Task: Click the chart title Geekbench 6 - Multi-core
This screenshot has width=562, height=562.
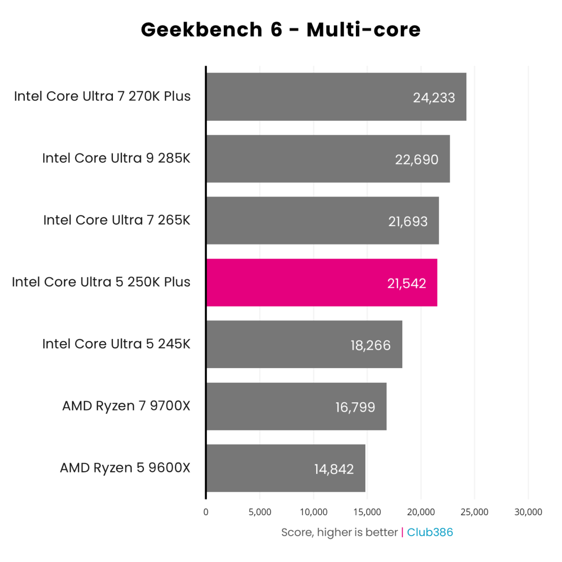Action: click(x=281, y=30)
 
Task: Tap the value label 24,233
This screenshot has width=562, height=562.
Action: click(x=434, y=97)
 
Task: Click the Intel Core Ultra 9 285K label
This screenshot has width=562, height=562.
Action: click(x=116, y=158)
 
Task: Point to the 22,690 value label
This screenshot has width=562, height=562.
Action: click(x=416, y=160)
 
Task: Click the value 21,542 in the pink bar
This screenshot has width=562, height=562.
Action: click(x=407, y=283)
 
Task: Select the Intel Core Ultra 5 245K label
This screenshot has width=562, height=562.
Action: click(x=116, y=344)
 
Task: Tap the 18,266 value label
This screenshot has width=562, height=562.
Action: click(x=370, y=345)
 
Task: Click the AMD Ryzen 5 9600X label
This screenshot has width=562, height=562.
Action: click(x=125, y=468)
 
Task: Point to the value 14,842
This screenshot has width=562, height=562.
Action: click(x=333, y=469)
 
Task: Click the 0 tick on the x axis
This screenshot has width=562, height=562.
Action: click(x=206, y=512)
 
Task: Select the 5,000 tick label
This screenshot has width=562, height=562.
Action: click(x=260, y=512)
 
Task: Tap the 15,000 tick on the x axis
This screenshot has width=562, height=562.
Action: click(x=367, y=512)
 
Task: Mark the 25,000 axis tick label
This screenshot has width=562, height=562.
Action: click(x=474, y=512)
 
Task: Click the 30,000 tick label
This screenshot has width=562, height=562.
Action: click(x=528, y=512)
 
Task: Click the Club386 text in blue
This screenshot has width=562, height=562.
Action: click(x=430, y=532)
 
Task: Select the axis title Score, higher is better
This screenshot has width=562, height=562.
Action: click(x=339, y=532)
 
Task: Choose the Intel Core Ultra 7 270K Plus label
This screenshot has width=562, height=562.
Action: click(x=102, y=96)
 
